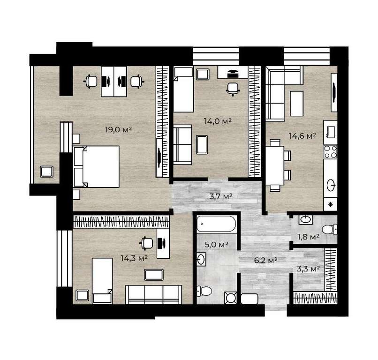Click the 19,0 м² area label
(x=118, y=130)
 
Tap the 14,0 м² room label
(x=218, y=121)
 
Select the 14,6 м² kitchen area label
(x=302, y=135)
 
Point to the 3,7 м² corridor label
(x=221, y=196)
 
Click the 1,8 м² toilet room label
(x=309, y=237)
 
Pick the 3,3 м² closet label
(x=308, y=269)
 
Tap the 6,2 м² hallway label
(x=266, y=260)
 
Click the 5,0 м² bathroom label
(x=217, y=245)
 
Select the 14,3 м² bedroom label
(x=134, y=258)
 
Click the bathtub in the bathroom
(x=217, y=224)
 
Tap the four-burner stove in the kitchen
(x=330, y=152)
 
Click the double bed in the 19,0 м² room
(x=97, y=166)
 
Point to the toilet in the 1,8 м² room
(x=330, y=229)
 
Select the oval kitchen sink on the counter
(x=331, y=185)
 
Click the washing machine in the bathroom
(x=230, y=298)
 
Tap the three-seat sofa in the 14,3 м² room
(x=154, y=294)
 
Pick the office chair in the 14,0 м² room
(x=233, y=89)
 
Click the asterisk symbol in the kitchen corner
(x=331, y=204)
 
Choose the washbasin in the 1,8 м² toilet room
(x=306, y=219)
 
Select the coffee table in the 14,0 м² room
(x=202, y=144)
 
